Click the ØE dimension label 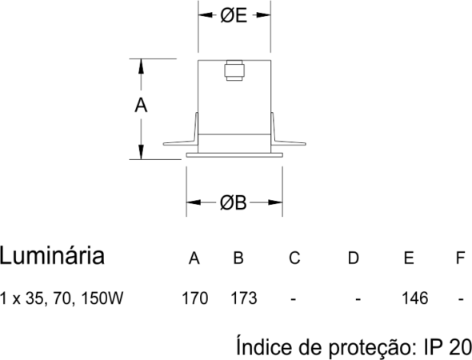234,15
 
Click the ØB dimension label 234,202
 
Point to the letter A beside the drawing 141,106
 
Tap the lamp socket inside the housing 234,70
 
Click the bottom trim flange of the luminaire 234,155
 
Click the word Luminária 52,256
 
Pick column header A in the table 194,258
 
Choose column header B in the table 238,258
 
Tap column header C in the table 294,258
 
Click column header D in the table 354,258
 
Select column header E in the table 409,258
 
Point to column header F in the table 460,258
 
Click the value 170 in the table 194,298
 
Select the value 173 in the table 244,298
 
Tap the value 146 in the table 415,298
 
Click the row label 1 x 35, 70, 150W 62,298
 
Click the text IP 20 447,347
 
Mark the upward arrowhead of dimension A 141,66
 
